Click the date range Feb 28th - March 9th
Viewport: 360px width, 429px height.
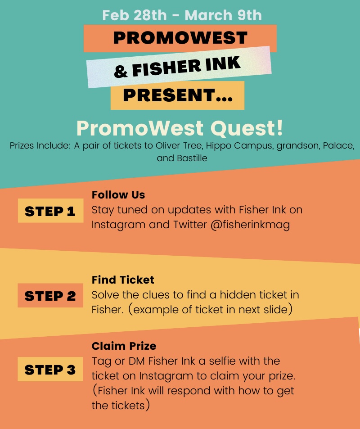coord(182,15)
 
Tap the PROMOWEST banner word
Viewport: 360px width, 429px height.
coord(180,38)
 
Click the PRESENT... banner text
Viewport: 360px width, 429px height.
coord(177,95)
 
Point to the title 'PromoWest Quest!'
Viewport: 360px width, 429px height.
coord(180,128)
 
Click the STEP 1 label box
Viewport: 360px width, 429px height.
coord(50,211)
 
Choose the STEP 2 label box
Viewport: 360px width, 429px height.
coord(50,295)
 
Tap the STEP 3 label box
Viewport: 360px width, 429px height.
coord(50,370)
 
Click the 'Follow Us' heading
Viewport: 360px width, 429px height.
coord(118,195)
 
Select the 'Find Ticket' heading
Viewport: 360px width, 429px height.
coord(123,280)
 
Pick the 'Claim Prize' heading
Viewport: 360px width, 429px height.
coord(124,346)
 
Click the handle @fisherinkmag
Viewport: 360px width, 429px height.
coord(250,225)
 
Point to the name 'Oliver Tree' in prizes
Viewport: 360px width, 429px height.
coord(183,147)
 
